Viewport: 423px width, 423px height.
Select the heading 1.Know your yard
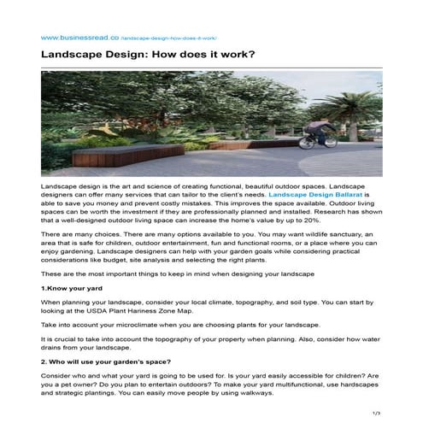pos(72,288)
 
